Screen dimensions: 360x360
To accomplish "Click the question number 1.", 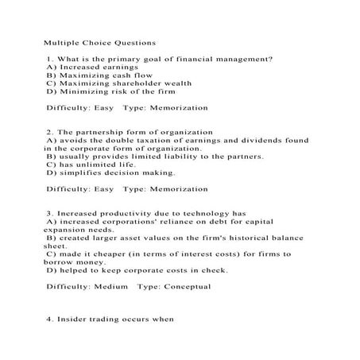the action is (x=48, y=59).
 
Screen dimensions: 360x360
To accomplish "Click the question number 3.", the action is (x=48, y=214).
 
